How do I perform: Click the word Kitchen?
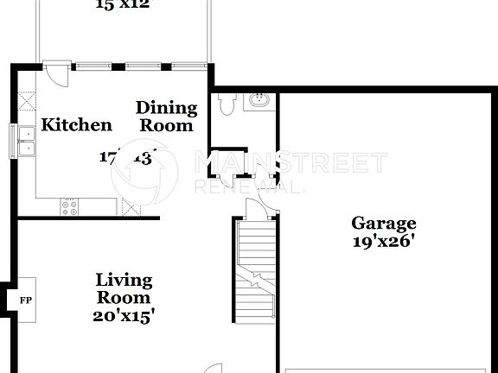tap(78, 125)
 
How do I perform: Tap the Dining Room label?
tap(166, 117)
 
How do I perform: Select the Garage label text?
tap(383, 224)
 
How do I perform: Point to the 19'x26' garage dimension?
tap(383, 242)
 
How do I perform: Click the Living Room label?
tap(124, 288)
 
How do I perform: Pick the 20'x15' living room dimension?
tap(124, 316)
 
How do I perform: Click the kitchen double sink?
tap(25, 141)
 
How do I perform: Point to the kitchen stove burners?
tap(70, 207)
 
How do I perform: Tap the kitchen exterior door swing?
tap(54, 74)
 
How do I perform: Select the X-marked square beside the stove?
tap(131, 206)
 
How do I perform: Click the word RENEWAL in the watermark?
tap(251, 186)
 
